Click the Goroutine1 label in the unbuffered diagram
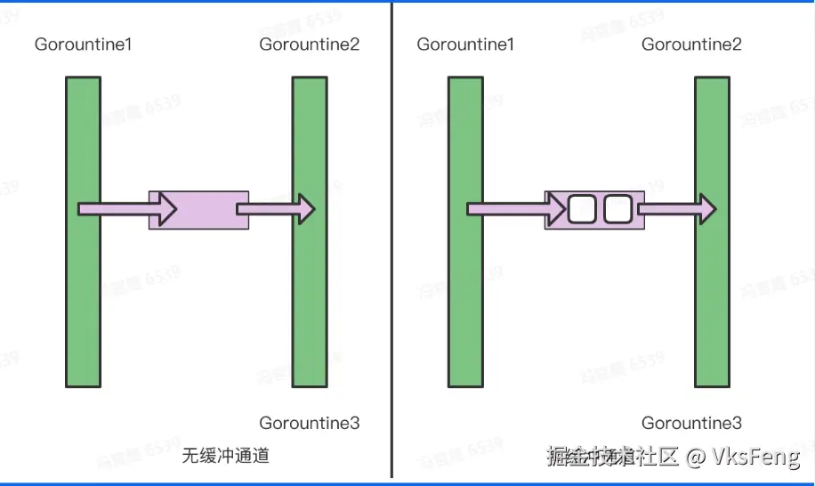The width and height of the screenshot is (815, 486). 84,44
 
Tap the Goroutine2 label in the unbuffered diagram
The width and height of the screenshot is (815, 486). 310,44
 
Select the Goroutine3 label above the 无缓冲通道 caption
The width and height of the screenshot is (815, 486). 310,423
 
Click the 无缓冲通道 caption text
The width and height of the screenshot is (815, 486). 226,456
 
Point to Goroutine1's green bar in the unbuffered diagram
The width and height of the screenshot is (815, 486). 83,294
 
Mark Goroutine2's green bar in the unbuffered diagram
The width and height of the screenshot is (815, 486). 310,294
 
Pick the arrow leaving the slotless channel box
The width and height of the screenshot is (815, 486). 276,210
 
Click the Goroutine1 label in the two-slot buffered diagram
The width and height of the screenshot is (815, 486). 465,44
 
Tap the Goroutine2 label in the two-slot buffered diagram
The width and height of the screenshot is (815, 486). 691,44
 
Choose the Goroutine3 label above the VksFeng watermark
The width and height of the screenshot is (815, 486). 691,423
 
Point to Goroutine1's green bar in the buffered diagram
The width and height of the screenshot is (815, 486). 465,294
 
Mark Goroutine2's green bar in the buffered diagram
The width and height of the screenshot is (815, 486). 712,294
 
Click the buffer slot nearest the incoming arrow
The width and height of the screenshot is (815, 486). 581,210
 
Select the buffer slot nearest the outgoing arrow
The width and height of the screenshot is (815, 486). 617,210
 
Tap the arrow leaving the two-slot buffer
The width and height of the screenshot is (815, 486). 677,210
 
